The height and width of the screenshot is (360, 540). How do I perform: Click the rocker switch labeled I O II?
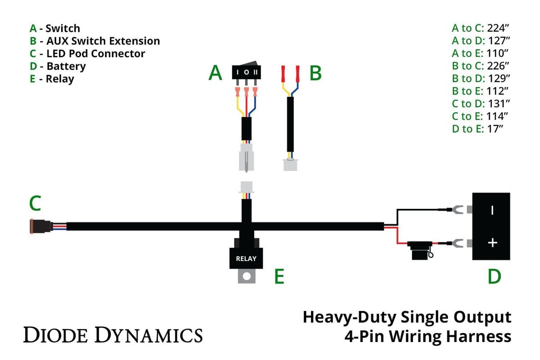[246, 72]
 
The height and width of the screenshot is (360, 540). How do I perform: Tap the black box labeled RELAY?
[246, 258]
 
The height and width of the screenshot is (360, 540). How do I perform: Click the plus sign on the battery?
[493, 243]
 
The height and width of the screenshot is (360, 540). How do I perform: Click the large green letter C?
[36, 204]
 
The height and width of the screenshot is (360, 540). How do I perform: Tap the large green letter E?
[279, 277]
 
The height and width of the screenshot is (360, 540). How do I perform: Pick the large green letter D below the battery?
[494, 277]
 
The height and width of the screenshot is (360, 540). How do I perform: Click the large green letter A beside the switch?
[215, 73]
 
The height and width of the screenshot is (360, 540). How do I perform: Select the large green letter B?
[315, 73]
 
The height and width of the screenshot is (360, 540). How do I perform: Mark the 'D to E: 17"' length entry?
[477, 129]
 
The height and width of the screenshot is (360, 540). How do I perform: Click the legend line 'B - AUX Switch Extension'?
[94, 41]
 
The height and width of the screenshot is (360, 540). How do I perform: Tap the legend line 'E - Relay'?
[52, 79]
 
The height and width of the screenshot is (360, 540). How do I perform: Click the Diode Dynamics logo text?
[113, 335]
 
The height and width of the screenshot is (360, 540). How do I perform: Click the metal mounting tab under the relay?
[246, 276]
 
